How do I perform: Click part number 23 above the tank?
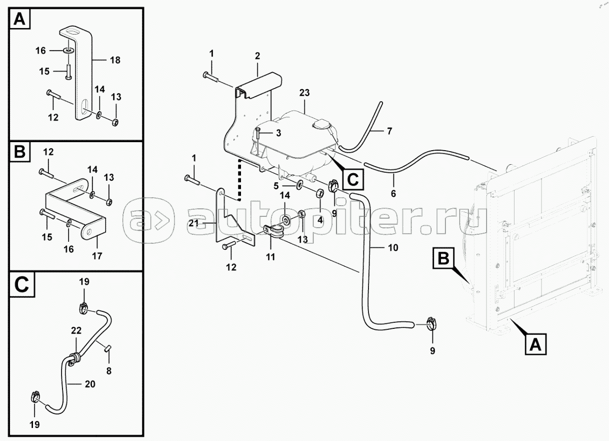click(x=304, y=93)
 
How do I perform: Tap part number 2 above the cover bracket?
click(x=257, y=56)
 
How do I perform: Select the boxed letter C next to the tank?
click(x=353, y=179)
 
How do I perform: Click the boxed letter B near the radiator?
click(x=443, y=258)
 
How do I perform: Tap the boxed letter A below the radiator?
click(x=535, y=344)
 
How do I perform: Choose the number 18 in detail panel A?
click(x=115, y=60)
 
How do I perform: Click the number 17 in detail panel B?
click(x=97, y=256)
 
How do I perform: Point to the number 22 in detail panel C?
click(x=76, y=330)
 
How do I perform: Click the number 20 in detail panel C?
click(x=90, y=384)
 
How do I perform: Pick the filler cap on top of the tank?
click(x=321, y=125)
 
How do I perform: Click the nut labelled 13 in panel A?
click(x=115, y=123)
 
